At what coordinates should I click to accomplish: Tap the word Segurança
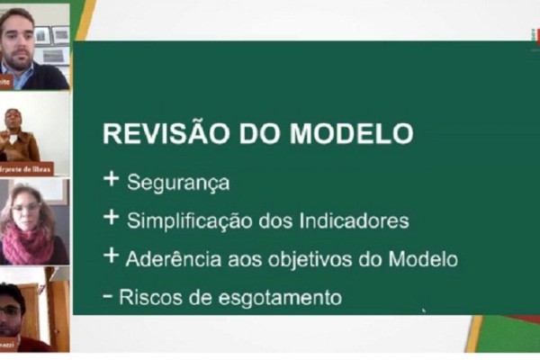point(178,183)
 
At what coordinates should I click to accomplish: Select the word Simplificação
point(188,220)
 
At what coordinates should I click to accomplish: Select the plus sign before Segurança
point(111,179)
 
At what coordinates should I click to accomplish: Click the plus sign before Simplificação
point(111,217)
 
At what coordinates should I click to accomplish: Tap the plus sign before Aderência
point(111,256)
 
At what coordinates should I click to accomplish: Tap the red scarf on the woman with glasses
point(28,242)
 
